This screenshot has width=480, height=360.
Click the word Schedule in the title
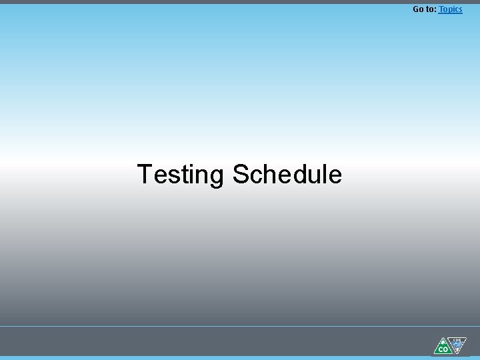(287, 175)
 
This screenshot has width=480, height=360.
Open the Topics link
(451, 9)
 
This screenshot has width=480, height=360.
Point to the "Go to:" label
(425, 9)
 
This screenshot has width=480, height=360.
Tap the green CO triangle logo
(442, 347)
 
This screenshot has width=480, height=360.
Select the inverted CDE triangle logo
(457, 345)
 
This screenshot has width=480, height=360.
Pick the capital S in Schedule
(241, 175)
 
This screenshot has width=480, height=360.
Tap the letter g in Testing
(217, 177)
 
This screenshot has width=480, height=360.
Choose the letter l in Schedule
(326, 175)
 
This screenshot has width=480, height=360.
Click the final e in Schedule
(335, 177)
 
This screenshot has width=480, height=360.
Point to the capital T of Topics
(441, 9)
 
